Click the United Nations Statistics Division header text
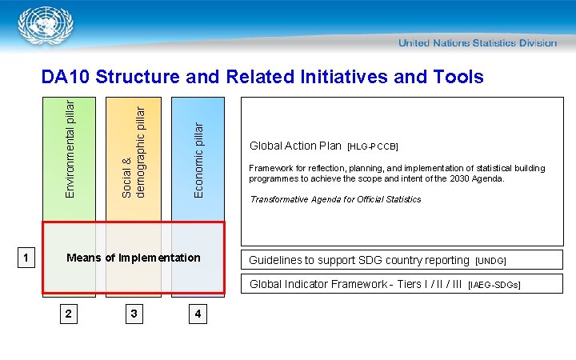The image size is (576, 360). [x=478, y=42]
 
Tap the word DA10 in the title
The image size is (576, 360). [x=66, y=77]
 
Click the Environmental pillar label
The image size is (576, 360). [x=70, y=148]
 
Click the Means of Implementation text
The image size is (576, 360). [x=134, y=258]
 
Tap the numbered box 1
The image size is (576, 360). [x=26, y=258]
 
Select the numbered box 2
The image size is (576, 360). [x=69, y=314]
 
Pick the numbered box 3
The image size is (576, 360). [x=134, y=314]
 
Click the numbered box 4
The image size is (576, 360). [x=198, y=314]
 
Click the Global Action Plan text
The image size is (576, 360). [x=295, y=146]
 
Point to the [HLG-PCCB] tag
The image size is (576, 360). [x=373, y=147]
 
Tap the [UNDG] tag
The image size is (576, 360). [x=490, y=261]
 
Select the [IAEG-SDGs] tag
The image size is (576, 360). [x=494, y=285]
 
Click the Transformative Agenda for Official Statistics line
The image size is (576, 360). [x=335, y=199]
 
